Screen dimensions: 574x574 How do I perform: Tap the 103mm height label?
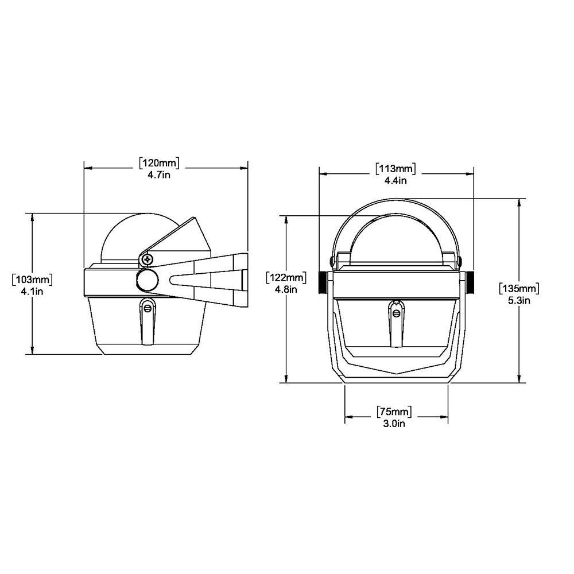click(x=33, y=280)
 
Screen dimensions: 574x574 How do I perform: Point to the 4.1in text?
click(x=33, y=291)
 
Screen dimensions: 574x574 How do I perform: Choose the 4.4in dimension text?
click(x=396, y=180)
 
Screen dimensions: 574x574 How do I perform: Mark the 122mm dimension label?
click(x=286, y=278)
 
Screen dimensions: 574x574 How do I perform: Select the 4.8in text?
click(x=286, y=290)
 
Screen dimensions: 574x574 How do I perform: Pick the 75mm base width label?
click(x=395, y=412)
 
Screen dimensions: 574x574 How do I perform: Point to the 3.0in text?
click(x=395, y=424)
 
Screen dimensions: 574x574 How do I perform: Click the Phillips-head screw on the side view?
click(x=149, y=260)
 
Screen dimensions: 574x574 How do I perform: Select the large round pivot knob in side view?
click(x=147, y=280)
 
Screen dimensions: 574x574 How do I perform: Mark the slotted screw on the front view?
click(x=395, y=312)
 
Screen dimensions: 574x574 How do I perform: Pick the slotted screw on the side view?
click(x=148, y=308)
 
